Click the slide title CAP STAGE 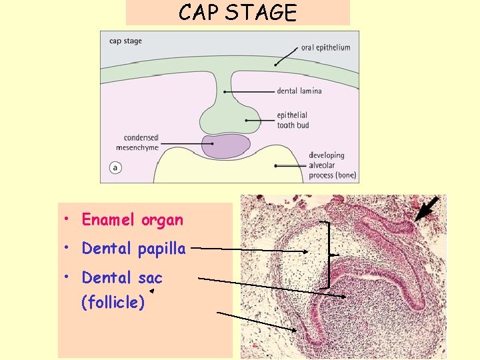tap(237, 13)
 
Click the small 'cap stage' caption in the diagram tap(125, 41)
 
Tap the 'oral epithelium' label tap(325, 47)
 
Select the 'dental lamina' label tap(299, 91)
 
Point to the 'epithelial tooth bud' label tap(294, 120)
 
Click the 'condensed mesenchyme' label tap(141, 143)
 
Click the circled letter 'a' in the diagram tap(115, 168)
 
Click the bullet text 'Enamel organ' tap(132, 219)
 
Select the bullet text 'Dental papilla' tap(133, 249)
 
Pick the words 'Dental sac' tap(122, 277)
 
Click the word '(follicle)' tap(113, 303)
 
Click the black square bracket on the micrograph tap(328, 254)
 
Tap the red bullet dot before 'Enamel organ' tap(69, 219)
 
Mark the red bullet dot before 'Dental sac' tap(69, 277)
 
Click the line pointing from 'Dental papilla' tap(253, 250)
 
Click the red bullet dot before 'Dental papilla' tap(69, 249)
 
